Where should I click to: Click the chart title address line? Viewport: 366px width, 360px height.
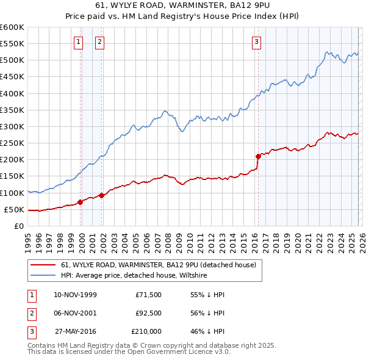183,6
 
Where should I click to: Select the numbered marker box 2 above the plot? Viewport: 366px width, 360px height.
99,42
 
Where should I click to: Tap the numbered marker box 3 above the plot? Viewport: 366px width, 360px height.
257,42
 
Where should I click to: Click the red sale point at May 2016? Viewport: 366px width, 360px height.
258,156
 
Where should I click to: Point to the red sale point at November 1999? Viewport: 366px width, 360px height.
81,202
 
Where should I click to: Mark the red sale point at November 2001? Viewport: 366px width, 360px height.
102,195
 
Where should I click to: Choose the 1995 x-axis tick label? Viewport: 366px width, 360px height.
28,241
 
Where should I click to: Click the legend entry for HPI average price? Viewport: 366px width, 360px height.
134,276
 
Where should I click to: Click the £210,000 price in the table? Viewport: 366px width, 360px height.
146,332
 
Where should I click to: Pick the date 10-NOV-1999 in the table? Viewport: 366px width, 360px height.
75,294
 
